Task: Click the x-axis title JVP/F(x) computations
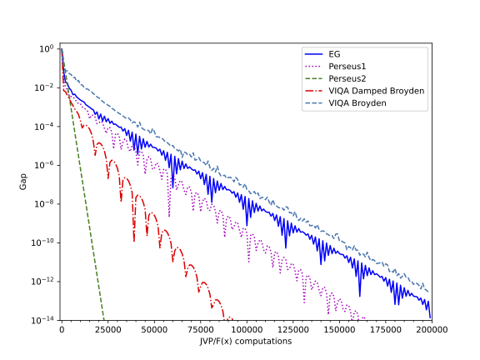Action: coord(246,342)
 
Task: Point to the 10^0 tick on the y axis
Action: coord(47,48)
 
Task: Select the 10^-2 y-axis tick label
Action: coord(45,87)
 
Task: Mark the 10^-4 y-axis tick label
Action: coord(45,126)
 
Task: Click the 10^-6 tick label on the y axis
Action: coord(45,165)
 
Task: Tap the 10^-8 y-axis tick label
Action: coord(45,203)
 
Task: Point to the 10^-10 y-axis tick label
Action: coord(43,242)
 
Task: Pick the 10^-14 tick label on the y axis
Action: coord(43,320)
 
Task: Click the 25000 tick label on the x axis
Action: coord(107,330)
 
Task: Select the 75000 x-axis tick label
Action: coord(200,330)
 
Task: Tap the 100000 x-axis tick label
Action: coord(246,330)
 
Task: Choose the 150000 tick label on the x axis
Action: coord(338,330)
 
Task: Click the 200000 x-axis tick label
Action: coord(431,330)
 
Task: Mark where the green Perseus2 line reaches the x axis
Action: coord(103,319)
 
